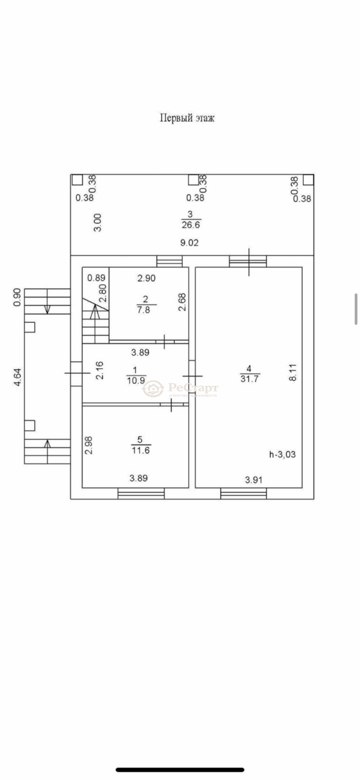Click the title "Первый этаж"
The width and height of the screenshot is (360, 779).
187,118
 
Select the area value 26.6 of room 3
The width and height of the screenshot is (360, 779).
191,224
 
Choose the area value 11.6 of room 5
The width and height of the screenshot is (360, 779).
140,450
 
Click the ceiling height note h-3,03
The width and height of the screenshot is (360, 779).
282,454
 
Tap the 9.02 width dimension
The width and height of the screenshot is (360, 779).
189,243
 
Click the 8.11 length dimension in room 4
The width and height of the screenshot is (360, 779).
293,372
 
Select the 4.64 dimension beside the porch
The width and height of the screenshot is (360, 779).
17,377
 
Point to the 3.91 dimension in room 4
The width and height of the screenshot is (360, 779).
254,480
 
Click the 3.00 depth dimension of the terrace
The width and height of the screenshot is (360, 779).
98,223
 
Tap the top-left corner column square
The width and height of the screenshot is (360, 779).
77,180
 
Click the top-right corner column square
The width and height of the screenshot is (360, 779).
308,180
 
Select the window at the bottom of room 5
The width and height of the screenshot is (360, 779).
141,494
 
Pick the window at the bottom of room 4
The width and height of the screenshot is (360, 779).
244,494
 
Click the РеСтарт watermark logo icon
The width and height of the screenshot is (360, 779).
153,389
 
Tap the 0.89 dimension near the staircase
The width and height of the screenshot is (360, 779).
96,278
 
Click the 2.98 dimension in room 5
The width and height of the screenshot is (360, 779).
89,445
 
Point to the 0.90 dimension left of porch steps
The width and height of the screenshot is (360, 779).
17,297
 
